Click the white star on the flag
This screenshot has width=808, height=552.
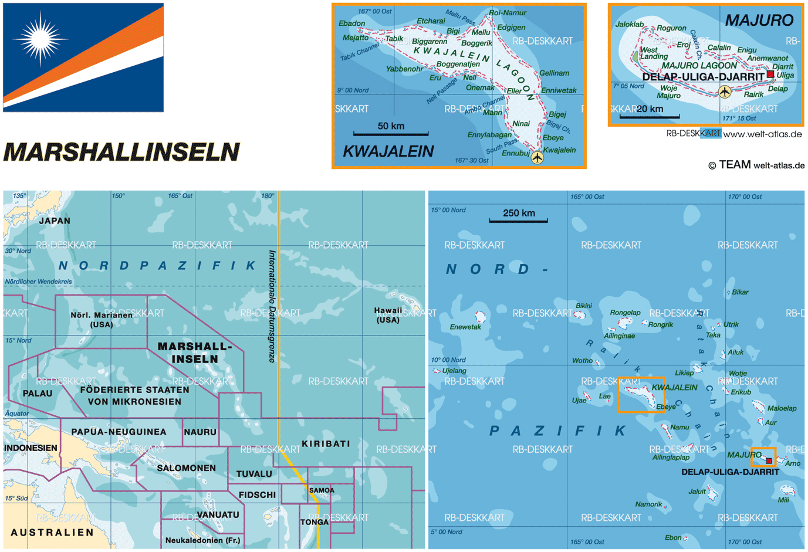pos(40,39)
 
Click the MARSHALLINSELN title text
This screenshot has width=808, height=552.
pos(121,152)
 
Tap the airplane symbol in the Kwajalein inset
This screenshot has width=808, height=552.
pos(537,157)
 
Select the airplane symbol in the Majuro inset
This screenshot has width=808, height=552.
pos(725,92)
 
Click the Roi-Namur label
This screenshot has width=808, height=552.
pos(508,12)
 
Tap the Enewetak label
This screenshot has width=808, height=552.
pos(465,327)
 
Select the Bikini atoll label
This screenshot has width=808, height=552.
pos(584,306)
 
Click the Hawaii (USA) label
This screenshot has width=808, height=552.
pos(388,315)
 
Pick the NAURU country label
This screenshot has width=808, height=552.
pos(200,432)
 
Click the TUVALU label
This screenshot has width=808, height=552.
pos(254,474)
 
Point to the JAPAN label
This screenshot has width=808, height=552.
pos(55,221)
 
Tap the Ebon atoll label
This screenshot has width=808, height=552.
pos(673,537)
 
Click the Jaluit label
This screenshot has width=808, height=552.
pos(697,492)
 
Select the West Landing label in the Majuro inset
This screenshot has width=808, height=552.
pos(654,53)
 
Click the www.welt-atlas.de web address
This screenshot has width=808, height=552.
pos(762,134)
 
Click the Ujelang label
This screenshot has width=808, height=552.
pos(454,371)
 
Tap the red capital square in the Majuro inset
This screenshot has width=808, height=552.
pos(770,74)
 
